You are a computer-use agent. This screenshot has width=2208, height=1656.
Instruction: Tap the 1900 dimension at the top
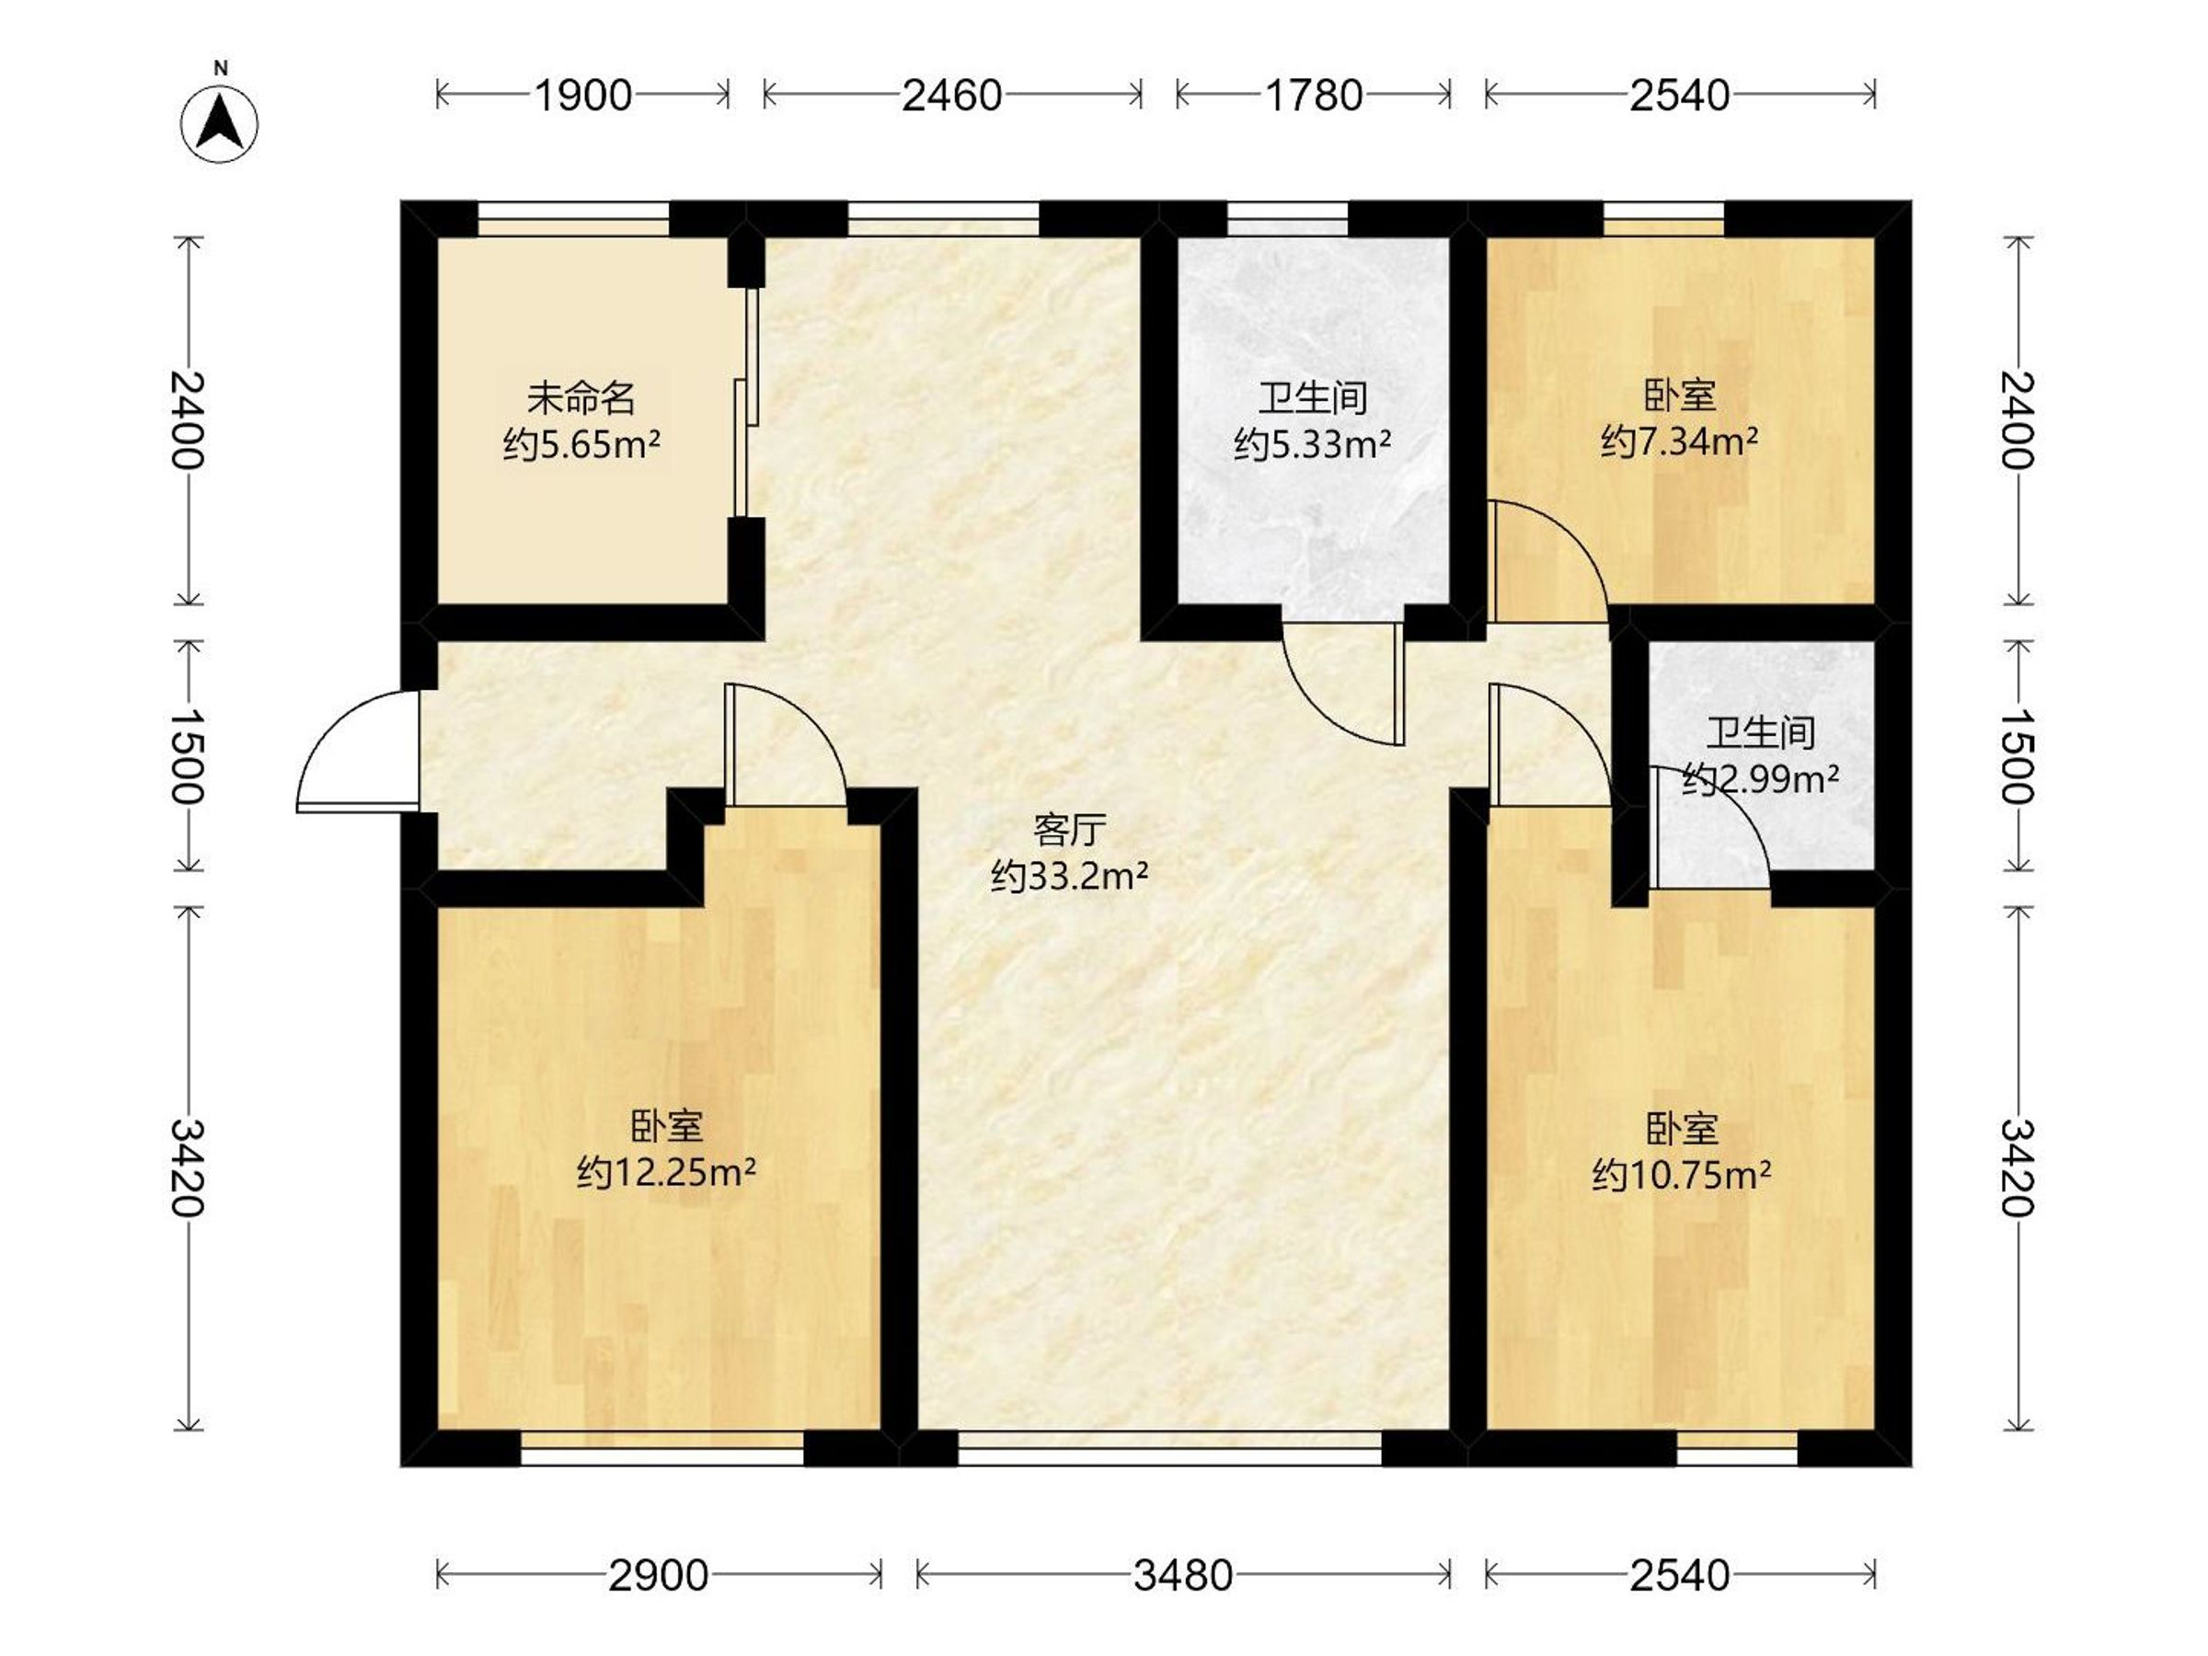point(583,96)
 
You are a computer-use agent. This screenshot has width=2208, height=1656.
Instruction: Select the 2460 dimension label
point(951,96)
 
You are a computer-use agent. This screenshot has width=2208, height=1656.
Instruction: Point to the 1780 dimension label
point(1313,96)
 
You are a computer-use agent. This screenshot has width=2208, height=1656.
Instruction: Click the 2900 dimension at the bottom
point(659,1576)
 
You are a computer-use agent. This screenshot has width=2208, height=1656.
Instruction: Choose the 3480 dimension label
point(1183,1576)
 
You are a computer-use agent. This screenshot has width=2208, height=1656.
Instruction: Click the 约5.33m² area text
point(1313,443)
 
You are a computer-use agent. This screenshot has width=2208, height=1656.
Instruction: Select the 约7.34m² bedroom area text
point(1680,440)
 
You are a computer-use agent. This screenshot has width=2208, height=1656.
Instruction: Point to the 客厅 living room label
point(1069,830)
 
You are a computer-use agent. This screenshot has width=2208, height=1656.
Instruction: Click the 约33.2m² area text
point(1069,877)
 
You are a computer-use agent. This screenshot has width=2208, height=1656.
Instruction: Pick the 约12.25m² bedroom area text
point(666,1171)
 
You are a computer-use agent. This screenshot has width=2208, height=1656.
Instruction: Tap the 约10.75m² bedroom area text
point(1682,1175)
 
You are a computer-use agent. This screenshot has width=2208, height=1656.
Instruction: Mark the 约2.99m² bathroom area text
point(1761,778)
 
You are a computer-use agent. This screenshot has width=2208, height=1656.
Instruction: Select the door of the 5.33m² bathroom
point(1342,684)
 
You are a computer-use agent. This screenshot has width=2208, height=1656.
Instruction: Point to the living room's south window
point(1170,1447)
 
